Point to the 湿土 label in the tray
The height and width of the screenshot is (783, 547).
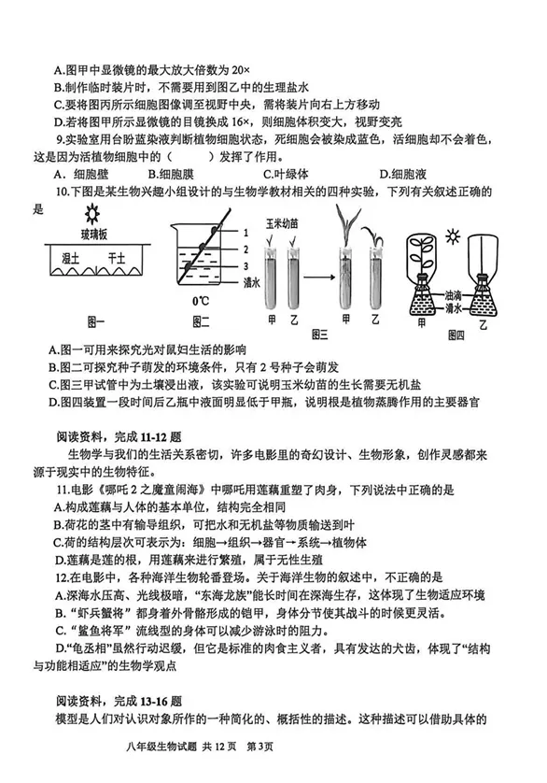tap(66, 258)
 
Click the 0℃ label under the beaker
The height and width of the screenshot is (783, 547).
tap(200, 302)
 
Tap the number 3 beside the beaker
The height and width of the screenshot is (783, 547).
tap(245, 265)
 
